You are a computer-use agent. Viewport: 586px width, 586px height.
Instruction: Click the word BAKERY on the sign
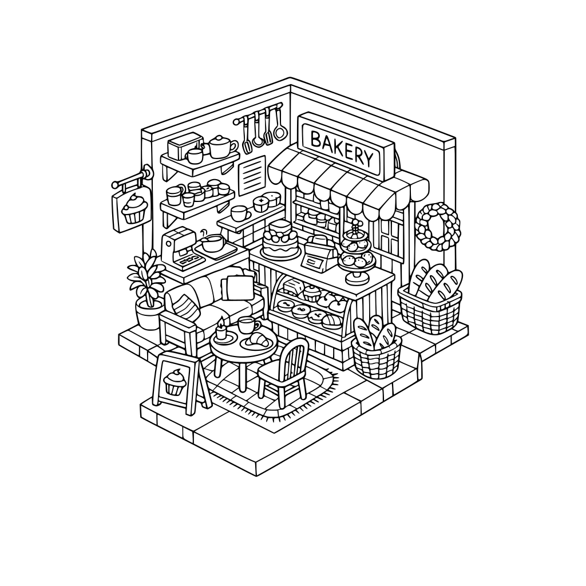pos(341,148)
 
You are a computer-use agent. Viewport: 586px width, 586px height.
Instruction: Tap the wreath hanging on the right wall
pos(438,227)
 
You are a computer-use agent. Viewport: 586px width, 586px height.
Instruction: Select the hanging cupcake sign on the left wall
pos(130,209)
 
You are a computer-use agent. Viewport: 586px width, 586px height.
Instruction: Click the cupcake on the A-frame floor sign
pos(175,382)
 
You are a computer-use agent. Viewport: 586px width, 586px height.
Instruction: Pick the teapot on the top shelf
pos(221,146)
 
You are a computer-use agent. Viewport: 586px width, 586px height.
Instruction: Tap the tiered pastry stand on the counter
pos(357,254)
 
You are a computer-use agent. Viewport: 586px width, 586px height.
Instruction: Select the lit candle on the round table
pos(221,332)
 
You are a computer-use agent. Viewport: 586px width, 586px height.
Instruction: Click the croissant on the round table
pos(258,341)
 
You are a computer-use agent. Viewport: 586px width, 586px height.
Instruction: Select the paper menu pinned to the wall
pos(252,175)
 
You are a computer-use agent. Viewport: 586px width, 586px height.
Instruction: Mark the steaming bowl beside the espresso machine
pos(212,243)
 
